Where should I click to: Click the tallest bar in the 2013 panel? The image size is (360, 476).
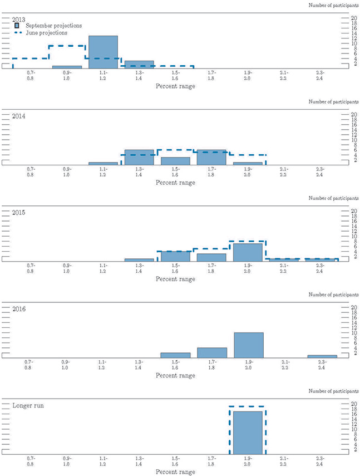tap(103, 52)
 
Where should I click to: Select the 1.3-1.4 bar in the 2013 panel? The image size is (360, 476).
tap(139, 65)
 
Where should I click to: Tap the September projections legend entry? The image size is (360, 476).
tap(54, 25)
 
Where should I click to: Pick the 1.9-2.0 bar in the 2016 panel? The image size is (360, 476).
tap(248, 345)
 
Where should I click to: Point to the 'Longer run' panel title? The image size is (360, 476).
tap(27, 405)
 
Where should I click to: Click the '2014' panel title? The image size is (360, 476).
tap(19, 116)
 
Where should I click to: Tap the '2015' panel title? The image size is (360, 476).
tap(19, 212)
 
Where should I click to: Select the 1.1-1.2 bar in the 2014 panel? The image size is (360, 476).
tap(103, 163)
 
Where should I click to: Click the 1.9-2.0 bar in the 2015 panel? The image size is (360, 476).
tap(248, 252)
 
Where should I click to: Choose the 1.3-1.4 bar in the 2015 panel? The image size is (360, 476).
tap(139, 259)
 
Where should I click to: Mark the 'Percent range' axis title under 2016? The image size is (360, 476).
tap(175, 376)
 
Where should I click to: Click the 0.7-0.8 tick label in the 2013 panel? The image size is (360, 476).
tap(31, 75)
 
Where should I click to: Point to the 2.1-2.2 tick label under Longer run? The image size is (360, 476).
tap(284, 460)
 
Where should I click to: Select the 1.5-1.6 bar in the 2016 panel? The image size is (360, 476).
tap(175, 355)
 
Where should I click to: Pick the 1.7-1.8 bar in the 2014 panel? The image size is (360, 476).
tap(211, 158)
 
